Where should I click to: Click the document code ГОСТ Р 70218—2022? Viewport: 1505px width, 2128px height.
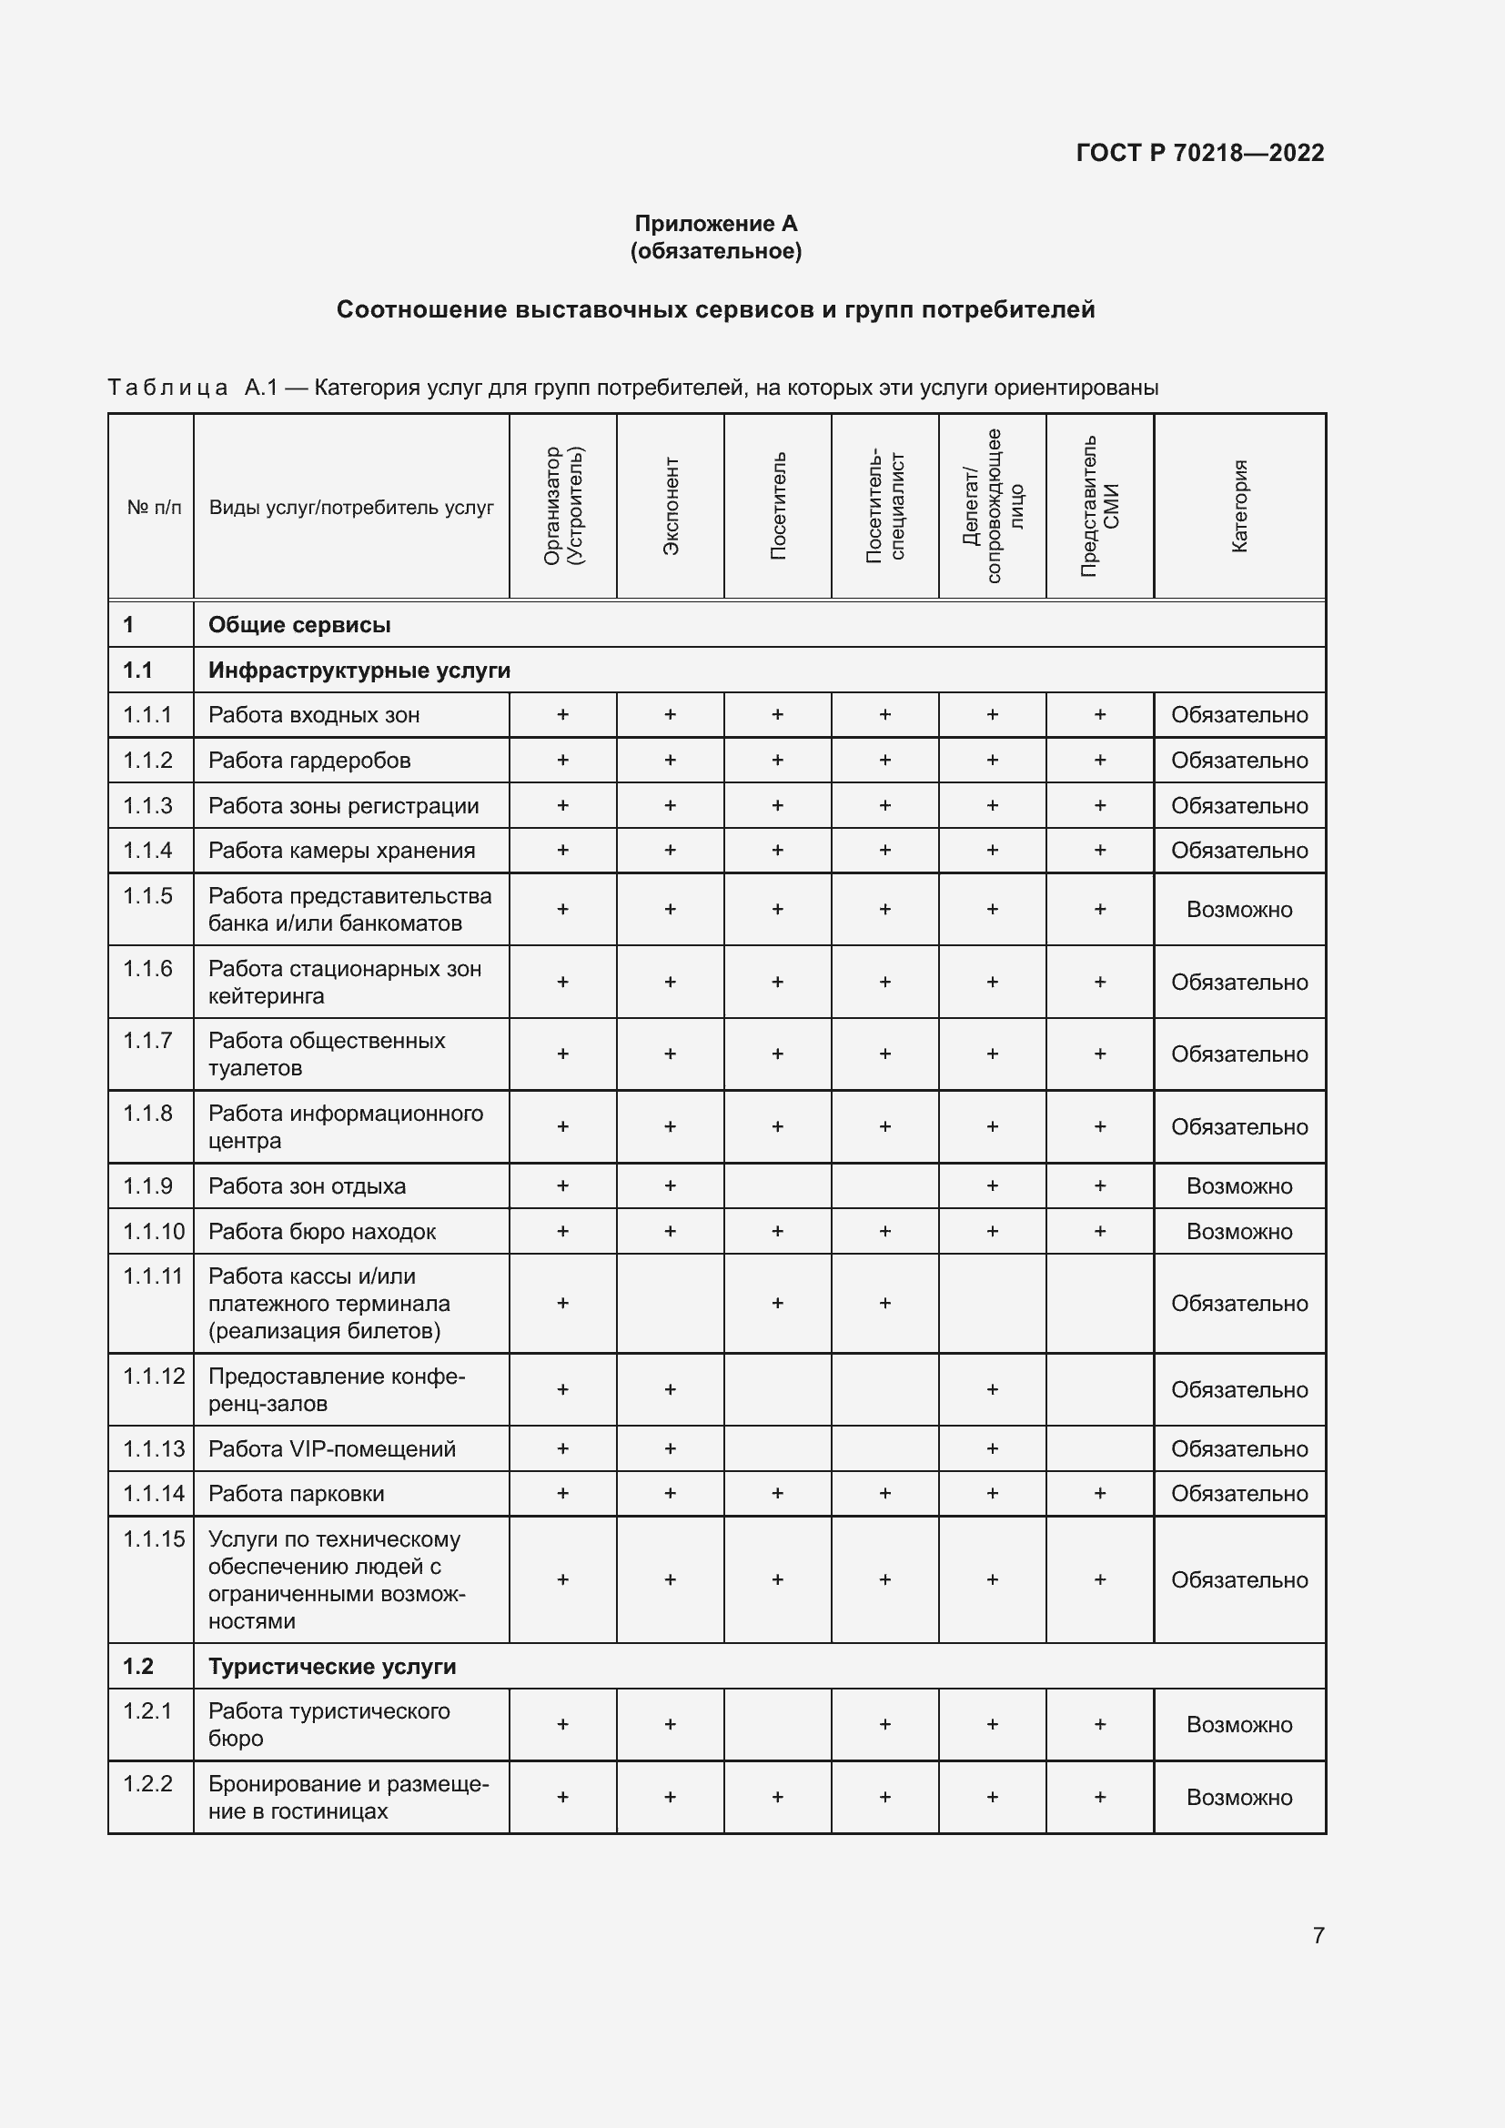(1199, 153)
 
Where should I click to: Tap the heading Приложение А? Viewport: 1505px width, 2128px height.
(715, 224)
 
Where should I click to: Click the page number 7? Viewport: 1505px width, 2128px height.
(1318, 1935)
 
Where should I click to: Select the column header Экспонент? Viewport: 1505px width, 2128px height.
(671, 506)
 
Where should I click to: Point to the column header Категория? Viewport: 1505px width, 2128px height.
(1239, 506)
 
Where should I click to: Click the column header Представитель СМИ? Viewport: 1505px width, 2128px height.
(1100, 506)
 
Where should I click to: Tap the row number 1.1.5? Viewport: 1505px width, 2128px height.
(148, 895)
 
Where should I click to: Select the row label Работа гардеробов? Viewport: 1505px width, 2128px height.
(309, 760)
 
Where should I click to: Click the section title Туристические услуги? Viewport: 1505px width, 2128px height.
(332, 1667)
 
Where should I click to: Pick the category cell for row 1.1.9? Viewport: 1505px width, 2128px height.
(1239, 1186)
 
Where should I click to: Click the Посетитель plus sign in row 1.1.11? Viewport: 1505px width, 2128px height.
(777, 1303)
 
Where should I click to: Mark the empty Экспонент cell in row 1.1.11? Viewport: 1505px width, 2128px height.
(670, 1303)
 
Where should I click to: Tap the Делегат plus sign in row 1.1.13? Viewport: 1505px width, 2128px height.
(993, 1448)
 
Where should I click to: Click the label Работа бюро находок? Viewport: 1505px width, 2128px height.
(321, 1232)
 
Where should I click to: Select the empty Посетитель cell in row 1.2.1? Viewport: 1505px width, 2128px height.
(777, 1724)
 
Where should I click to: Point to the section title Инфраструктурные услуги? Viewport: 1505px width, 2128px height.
(359, 671)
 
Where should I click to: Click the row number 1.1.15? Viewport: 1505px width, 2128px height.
(154, 1539)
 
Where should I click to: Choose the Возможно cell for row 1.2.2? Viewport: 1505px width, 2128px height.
(1239, 1797)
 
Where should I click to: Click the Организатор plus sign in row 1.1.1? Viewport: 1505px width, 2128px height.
(562, 714)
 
